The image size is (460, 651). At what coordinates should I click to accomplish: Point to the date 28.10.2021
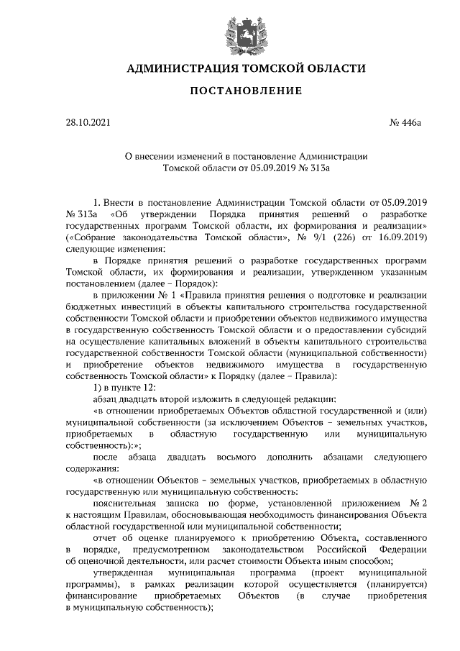point(88,123)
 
